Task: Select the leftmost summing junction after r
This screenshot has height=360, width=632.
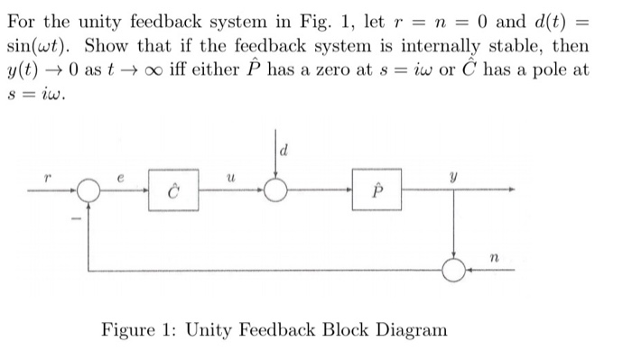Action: (x=88, y=191)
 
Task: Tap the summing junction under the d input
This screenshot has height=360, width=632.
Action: (x=275, y=191)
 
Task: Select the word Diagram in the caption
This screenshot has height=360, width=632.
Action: (x=410, y=329)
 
